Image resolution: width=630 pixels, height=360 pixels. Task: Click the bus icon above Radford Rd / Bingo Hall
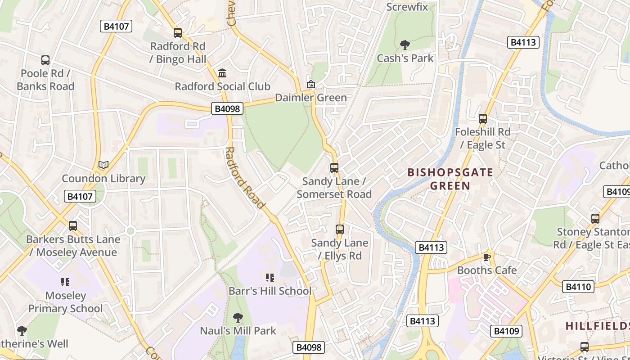[x=178, y=32]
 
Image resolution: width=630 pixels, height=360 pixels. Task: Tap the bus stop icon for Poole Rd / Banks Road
[x=45, y=60]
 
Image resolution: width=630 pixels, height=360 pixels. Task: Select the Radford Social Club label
[x=222, y=86]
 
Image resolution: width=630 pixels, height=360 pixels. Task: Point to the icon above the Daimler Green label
[x=310, y=84]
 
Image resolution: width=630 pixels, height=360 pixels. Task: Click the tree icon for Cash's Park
[x=405, y=45]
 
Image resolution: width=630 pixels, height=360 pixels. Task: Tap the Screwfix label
[x=410, y=7]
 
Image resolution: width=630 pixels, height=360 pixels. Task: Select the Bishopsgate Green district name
[x=450, y=179]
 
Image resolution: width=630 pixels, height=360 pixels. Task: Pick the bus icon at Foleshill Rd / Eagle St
[x=483, y=119]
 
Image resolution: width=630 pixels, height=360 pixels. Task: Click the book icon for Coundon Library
[x=103, y=165]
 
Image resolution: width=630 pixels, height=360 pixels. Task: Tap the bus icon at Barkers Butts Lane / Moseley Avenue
[x=73, y=225]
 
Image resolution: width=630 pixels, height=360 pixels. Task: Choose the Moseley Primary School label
[x=66, y=302]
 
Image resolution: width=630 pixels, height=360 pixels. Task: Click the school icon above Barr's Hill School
[x=270, y=277]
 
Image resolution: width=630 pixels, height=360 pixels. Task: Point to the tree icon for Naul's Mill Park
[x=238, y=318]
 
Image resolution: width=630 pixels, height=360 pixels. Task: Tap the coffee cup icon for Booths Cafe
[x=486, y=257]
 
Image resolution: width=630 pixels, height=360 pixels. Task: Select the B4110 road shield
[x=578, y=287]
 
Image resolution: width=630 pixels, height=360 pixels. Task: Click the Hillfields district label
[x=597, y=326]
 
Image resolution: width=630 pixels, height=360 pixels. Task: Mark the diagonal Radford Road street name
[x=244, y=178]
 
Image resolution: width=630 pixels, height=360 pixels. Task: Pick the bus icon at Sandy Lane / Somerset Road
[x=334, y=168]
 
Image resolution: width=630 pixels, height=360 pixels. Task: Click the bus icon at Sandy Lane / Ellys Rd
[x=340, y=229]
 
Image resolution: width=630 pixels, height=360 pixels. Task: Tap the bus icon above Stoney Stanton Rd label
[x=595, y=219]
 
